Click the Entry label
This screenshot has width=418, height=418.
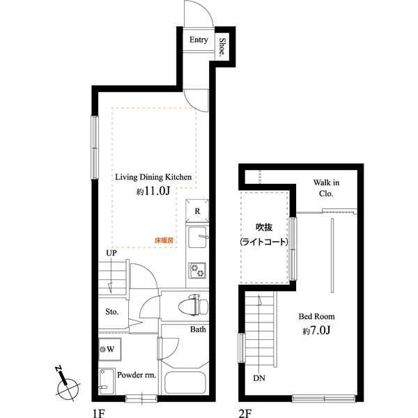(x=199, y=40)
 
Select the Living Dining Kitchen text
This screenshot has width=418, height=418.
(x=153, y=177)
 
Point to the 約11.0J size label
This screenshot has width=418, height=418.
(x=153, y=192)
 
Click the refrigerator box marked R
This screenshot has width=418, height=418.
(x=197, y=210)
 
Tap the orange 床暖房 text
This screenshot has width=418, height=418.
(x=164, y=242)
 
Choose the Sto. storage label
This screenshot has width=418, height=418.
(x=112, y=311)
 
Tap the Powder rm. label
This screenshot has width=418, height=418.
(x=137, y=375)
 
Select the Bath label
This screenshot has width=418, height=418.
(x=197, y=330)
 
